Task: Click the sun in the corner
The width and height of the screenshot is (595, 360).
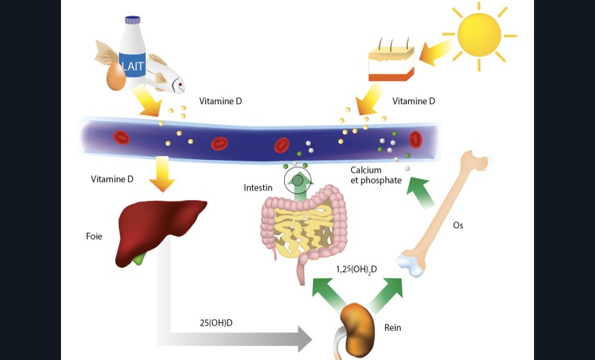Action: [x=480, y=33]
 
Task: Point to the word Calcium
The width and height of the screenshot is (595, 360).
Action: [x=367, y=170]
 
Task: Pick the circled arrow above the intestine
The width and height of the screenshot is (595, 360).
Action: [x=300, y=179]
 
